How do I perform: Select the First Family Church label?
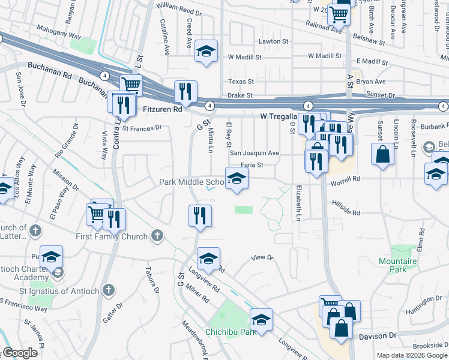(112, 236)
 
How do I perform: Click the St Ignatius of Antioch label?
(67, 290)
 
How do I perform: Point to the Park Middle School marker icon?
(237, 178)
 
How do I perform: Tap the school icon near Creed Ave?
(206, 52)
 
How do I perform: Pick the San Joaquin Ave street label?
(255, 153)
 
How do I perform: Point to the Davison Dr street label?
(378, 337)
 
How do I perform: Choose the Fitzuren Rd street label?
(163, 110)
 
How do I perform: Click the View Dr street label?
(262, 258)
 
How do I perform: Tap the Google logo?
(20, 353)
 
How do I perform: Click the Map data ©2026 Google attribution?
(412, 355)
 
